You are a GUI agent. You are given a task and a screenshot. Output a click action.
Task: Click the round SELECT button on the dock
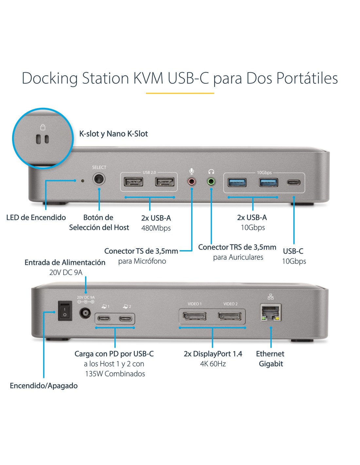tap(99, 179)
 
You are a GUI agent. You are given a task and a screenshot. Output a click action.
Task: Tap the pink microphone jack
tap(191, 181)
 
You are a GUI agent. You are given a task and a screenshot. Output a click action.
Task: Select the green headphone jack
tap(211, 181)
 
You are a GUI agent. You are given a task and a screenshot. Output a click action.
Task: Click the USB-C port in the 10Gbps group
tap(294, 182)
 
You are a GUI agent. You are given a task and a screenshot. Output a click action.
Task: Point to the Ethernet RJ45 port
tap(271, 313)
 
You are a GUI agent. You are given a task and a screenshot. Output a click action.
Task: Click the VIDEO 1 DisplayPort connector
tap(194, 316)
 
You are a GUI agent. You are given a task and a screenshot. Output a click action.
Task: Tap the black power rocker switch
tap(65, 311)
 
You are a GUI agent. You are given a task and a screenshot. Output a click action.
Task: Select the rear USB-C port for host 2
tap(126, 319)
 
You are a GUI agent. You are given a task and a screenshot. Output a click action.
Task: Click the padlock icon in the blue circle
tap(43, 127)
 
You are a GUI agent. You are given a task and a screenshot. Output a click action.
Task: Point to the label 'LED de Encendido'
tap(36, 217)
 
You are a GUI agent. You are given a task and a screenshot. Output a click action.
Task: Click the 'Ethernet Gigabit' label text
tap(270, 359)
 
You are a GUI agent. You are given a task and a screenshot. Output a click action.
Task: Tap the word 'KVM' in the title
tap(148, 78)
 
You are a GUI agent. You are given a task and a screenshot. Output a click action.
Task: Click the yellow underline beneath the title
tap(180, 93)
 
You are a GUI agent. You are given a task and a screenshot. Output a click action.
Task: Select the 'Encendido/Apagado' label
tap(44, 386)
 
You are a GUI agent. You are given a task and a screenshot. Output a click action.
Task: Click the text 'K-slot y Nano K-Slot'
tap(114, 134)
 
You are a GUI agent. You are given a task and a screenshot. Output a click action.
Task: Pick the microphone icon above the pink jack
tap(192, 171)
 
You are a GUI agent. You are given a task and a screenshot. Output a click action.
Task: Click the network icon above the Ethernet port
tap(271, 297)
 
